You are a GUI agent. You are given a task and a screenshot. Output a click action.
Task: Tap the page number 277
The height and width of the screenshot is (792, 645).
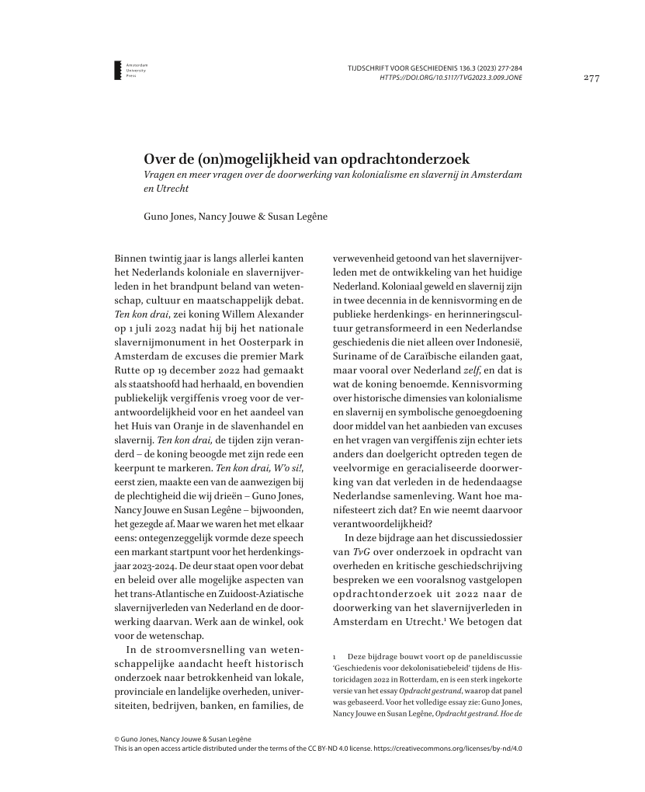coord(591,78)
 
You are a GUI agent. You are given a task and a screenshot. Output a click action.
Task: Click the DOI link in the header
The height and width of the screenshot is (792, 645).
coord(450,78)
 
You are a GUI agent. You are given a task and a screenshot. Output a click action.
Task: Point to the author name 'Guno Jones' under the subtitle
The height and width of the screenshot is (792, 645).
coord(161,216)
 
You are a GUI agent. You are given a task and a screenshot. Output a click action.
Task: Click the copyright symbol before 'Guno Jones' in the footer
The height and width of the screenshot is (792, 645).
coord(117,739)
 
